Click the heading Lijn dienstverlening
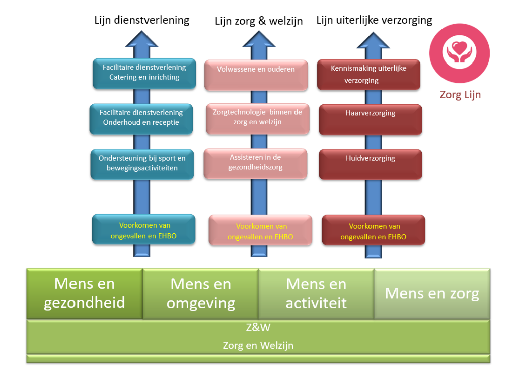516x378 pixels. tap(142, 20)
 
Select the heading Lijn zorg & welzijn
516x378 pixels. tap(259, 21)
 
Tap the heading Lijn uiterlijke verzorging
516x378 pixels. tap(374, 20)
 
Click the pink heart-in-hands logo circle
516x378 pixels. tap(459, 53)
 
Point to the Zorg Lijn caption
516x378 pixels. tap(460, 95)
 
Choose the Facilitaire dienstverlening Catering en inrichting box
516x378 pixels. tap(144, 73)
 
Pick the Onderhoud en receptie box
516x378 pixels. tap(141, 118)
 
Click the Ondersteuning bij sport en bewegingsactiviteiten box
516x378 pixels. tap(142, 163)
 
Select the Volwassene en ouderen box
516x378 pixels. tap(256, 74)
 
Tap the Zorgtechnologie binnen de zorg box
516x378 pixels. tap(257, 118)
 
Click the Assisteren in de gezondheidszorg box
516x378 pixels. tap(255, 162)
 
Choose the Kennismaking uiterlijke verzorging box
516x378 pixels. tap(368, 74)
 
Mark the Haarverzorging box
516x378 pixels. tap(371, 118)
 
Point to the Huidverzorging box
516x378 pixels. tap(371, 163)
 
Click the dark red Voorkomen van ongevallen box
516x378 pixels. tap(373, 231)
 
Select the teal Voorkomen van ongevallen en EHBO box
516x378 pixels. tap(143, 230)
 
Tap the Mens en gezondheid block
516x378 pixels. tap(85, 293)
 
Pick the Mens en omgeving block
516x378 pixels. tap(200, 293)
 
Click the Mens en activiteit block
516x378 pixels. tap(316, 293)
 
